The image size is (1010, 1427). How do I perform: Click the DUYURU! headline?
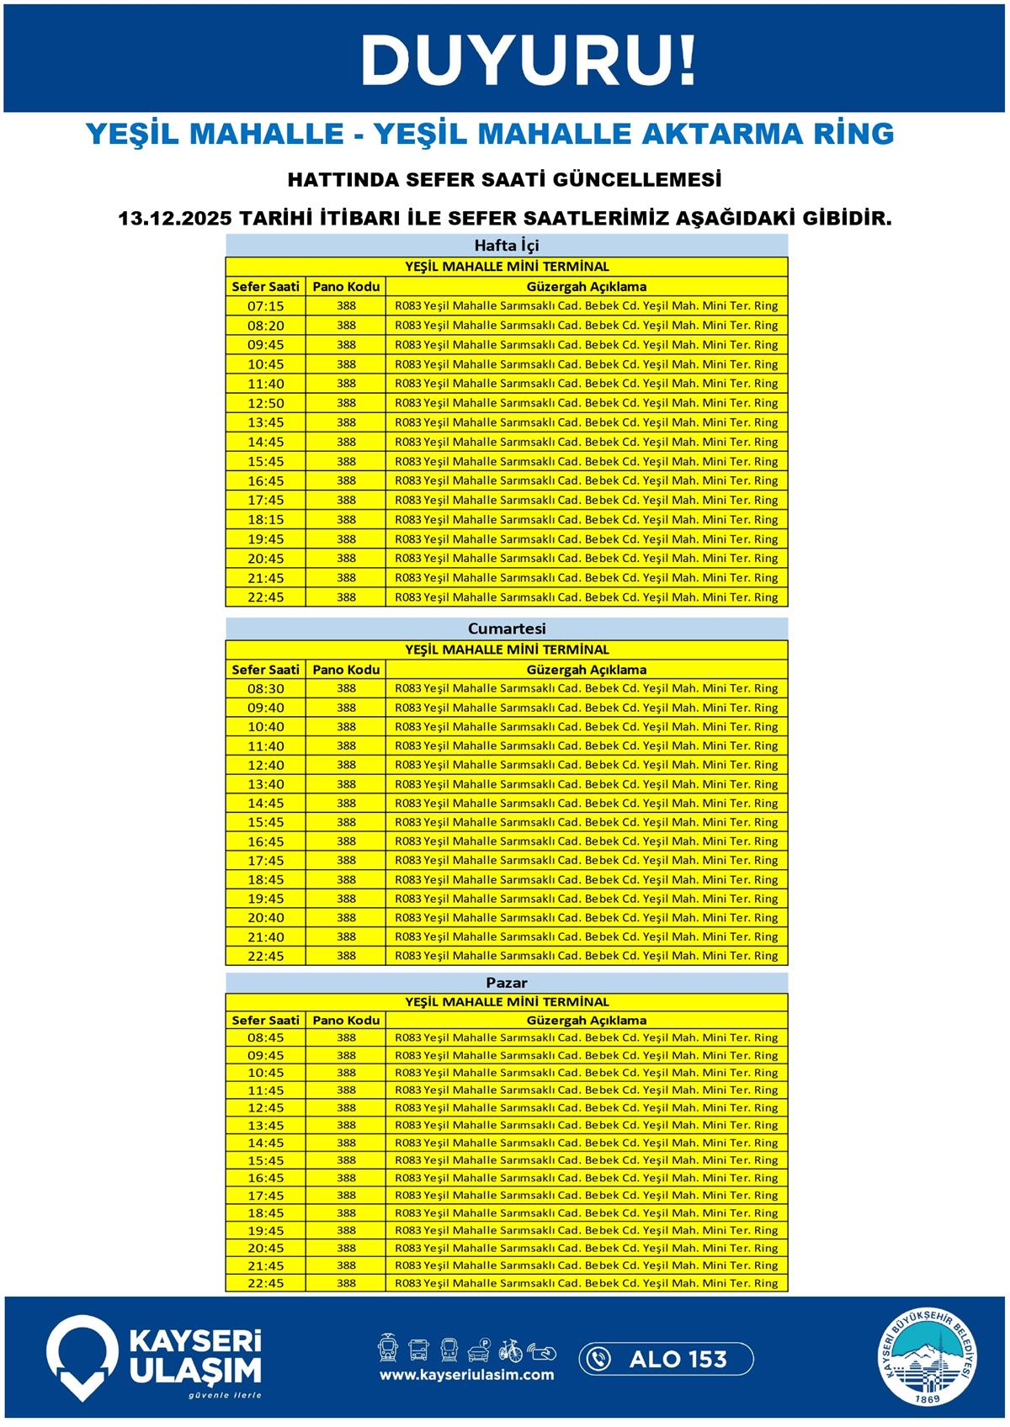[x=529, y=61]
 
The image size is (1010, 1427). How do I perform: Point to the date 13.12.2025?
[x=174, y=219]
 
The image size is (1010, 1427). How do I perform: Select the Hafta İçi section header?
[x=506, y=246]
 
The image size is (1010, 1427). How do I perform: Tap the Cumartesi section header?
[x=506, y=629]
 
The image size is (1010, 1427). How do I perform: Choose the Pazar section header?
[x=506, y=983]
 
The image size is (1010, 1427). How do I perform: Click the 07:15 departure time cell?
[x=265, y=306]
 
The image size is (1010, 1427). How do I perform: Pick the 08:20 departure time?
[x=265, y=326]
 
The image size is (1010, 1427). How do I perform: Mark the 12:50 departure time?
[x=265, y=403]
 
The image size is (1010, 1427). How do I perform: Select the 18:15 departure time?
[x=265, y=520]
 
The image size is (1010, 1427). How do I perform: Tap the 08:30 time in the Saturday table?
[x=265, y=688]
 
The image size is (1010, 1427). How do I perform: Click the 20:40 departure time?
[x=265, y=918]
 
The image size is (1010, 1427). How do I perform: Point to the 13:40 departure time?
[x=265, y=784]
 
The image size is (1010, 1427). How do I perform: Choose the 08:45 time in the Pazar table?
[x=265, y=1037]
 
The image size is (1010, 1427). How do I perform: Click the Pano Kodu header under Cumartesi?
[x=346, y=670]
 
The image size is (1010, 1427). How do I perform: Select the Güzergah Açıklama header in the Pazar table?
[x=587, y=1020]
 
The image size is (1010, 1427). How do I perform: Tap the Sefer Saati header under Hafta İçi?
[x=265, y=287]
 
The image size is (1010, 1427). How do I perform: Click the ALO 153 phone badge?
[x=666, y=1359]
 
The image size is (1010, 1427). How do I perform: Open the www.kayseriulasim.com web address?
[x=466, y=1375]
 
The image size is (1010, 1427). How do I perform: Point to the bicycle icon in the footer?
[x=510, y=1350]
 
